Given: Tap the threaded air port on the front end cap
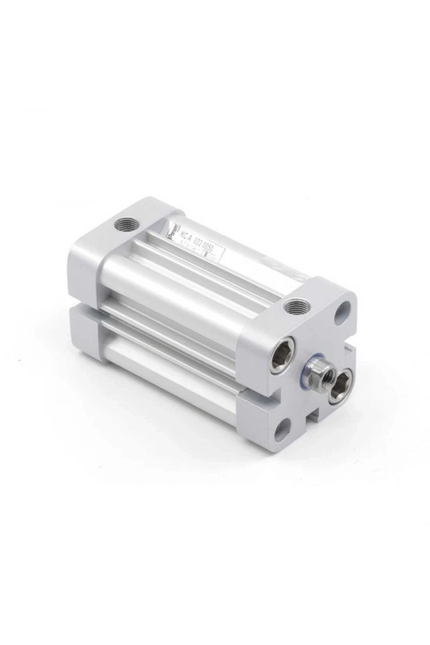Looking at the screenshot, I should click(x=295, y=307).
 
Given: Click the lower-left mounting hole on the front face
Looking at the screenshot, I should click(x=281, y=431).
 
